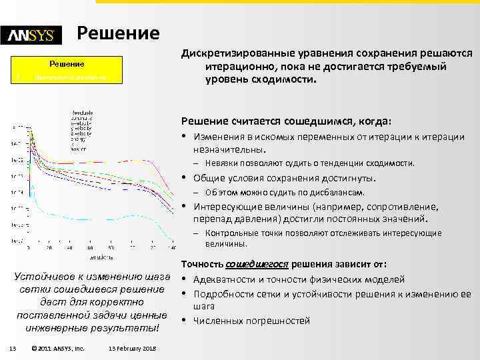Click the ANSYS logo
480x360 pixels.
tap(31, 36)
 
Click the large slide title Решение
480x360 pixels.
tap(118, 33)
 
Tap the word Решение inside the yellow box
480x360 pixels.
tap(67, 65)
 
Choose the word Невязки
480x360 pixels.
tap(222, 163)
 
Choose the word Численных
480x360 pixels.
tap(217, 321)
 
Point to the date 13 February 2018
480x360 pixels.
tap(131, 349)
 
